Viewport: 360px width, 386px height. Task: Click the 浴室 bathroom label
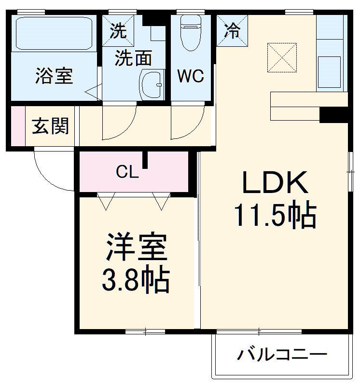coord(54,76)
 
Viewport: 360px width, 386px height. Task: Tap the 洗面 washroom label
coord(133,58)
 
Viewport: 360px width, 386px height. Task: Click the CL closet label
coord(127,172)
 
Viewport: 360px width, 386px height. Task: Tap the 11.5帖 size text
coord(275,215)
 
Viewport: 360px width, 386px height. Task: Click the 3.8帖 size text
coord(135,281)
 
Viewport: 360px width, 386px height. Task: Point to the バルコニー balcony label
coord(279,356)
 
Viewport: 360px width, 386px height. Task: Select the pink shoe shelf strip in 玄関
coord(18,126)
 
